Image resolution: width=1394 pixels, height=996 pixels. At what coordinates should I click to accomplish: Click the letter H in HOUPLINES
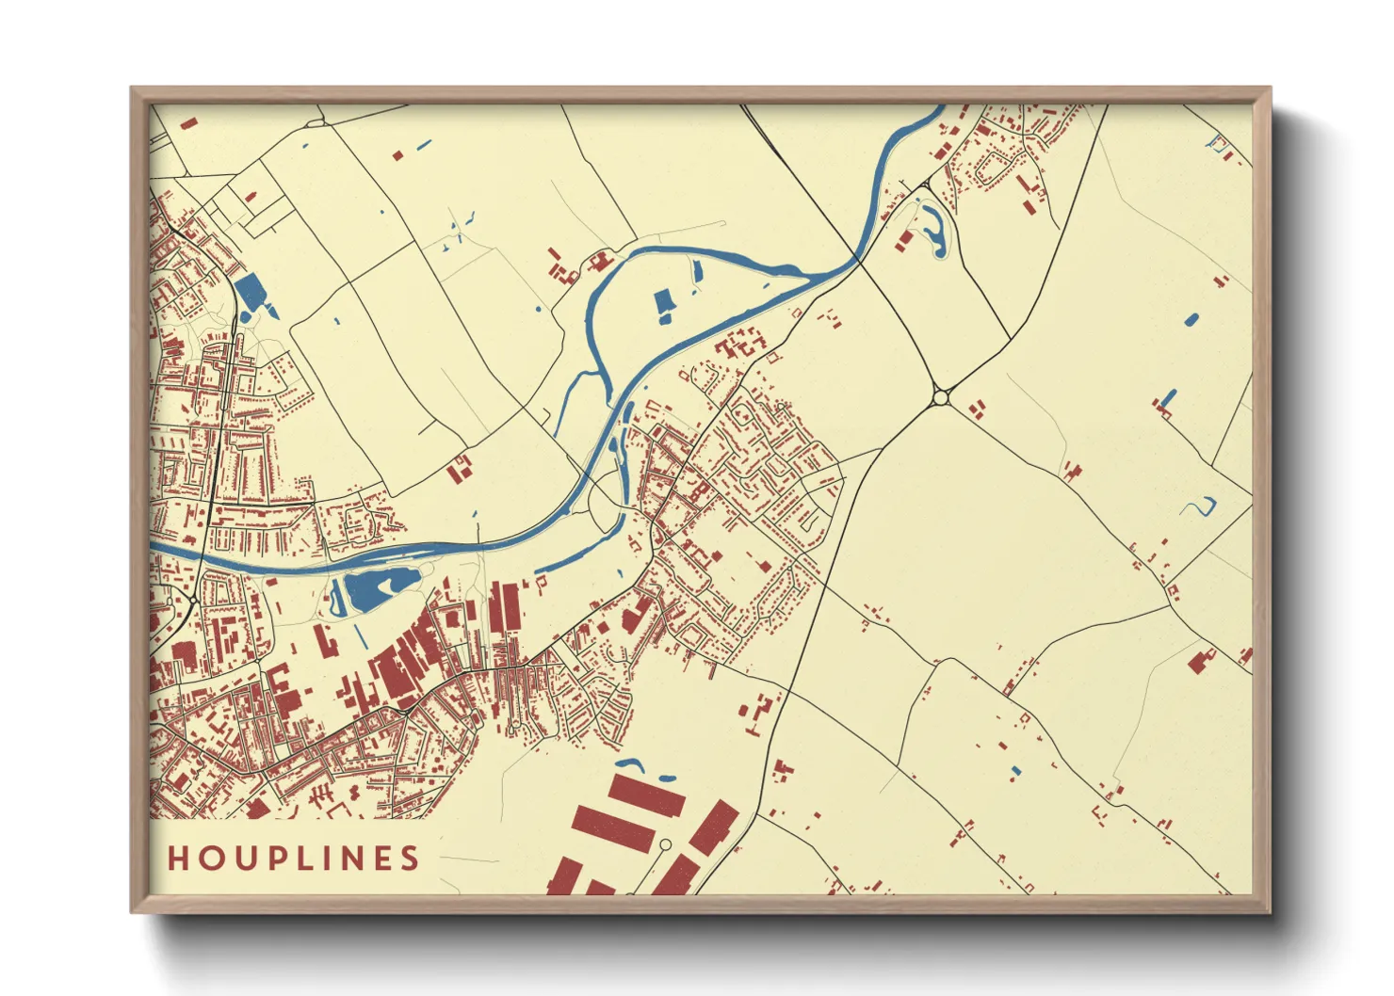pyautogui.click(x=179, y=859)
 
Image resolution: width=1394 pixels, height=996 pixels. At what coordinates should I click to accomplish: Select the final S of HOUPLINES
pyautogui.click(x=410, y=859)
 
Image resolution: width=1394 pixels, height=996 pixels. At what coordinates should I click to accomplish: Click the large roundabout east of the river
pyautogui.click(x=939, y=398)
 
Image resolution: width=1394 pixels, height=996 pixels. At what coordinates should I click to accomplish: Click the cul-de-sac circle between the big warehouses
pyautogui.click(x=665, y=844)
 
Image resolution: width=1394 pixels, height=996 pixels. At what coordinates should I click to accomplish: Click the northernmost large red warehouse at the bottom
pyautogui.click(x=646, y=795)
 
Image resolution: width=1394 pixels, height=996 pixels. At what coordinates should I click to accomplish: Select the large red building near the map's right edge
pyautogui.click(x=1201, y=660)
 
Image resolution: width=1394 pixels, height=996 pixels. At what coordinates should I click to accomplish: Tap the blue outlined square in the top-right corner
pyautogui.click(x=1220, y=145)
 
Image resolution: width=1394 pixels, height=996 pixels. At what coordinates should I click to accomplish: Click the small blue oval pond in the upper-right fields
pyautogui.click(x=1191, y=319)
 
